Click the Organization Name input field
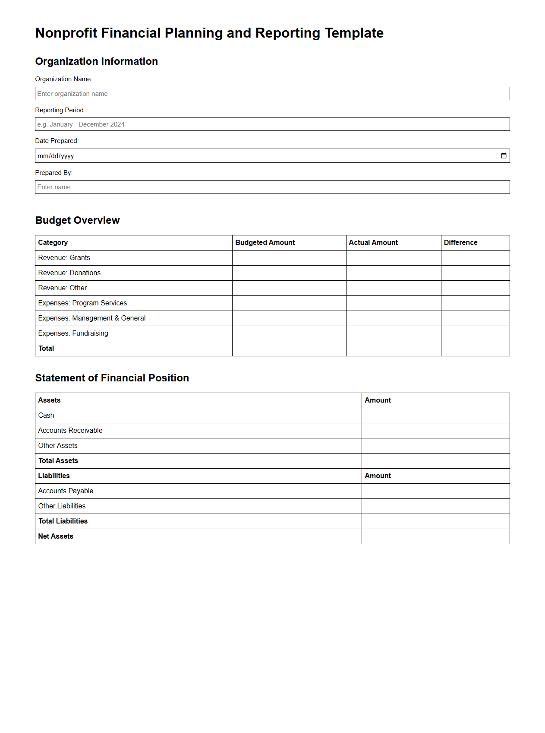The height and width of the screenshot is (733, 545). (x=272, y=94)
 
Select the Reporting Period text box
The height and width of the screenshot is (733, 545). (x=272, y=124)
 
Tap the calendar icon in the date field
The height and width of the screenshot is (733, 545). (x=504, y=156)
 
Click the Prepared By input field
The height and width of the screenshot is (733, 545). (x=272, y=187)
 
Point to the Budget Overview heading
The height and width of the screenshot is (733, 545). (x=78, y=220)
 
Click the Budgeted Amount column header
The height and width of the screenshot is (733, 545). (x=265, y=243)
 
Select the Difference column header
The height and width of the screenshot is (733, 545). (x=460, y=243)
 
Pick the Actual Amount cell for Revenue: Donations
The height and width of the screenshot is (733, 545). (x=393, y=273)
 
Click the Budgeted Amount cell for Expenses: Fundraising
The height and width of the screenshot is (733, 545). (x=289, y=333)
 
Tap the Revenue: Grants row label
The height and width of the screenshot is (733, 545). (x=64, y=258)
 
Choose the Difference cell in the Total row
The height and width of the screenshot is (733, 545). (x=475, y=349)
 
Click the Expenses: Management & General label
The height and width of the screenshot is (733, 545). (x=92, y=318)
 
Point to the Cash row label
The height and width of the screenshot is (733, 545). (x=46, y=416)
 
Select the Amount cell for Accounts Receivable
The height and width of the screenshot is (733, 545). (x=435, y=431)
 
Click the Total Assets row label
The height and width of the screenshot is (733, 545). (x=58, y=461)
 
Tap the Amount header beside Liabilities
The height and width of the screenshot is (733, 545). (x=378, y=476)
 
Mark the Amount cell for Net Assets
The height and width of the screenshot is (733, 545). (x=435, y=536)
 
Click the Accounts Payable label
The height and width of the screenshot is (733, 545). (x=66, y=491)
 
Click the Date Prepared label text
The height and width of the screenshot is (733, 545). (x=57, y=141)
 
